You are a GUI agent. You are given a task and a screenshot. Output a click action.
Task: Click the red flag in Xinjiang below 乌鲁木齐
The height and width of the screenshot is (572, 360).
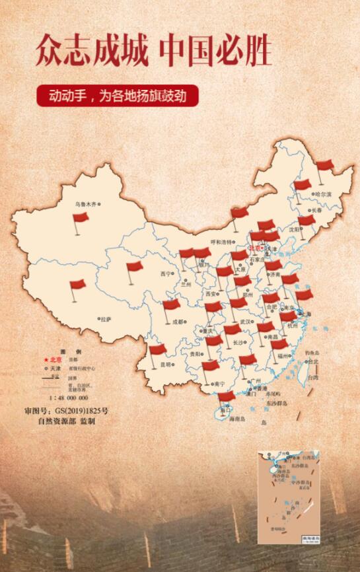(x=80, y=218)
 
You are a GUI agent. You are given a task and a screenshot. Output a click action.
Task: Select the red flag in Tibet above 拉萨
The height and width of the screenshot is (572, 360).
(x=77, y=285)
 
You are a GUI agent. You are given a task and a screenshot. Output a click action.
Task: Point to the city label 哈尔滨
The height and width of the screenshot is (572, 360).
(x=322, y=194)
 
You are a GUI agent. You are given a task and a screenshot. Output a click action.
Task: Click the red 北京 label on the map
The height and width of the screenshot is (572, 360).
(x=255, y=248)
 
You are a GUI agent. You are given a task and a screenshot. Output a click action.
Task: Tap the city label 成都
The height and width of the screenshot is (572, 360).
(x=178, y=322)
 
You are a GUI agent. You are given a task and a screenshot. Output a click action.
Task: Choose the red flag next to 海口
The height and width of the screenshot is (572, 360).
(x=226, y=397)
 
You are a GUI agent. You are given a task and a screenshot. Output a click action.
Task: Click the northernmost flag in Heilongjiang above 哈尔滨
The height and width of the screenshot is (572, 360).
(x=324, y=166)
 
